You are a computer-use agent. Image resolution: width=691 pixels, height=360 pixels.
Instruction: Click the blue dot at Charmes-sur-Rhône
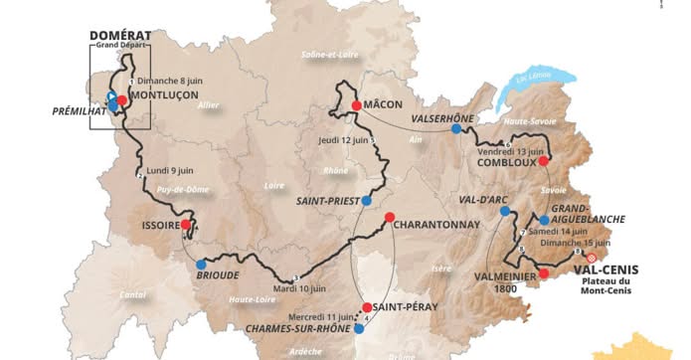(x=359, y=327)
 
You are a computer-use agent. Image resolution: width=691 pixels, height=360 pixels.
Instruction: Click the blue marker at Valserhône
(x=456, y=128)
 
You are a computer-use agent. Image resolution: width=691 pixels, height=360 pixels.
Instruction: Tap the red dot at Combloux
(x=543, y=159)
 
